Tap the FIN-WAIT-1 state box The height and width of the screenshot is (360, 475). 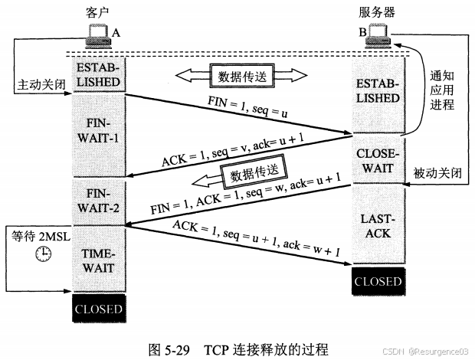pos(97,135)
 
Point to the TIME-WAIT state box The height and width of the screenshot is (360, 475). pos(97,259)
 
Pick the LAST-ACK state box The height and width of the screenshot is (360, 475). pos(376,225)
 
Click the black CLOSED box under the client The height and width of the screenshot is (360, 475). pos(97,309)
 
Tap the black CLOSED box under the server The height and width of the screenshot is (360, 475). pos(376,281)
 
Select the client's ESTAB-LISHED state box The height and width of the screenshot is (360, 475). pos(97,74)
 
